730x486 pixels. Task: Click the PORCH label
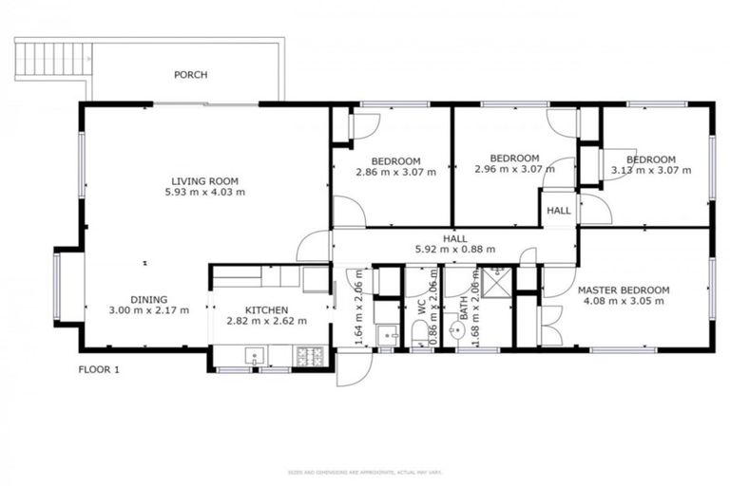tap(190, 74)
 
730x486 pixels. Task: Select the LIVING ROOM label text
tap(204, 180)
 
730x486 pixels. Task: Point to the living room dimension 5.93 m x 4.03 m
tap(204, 192)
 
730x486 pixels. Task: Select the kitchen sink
tap(254, 355)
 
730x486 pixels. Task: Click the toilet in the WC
tap(419, 332)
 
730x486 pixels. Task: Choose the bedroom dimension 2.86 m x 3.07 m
tap(395, 172)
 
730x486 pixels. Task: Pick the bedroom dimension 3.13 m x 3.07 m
tap(650, 171)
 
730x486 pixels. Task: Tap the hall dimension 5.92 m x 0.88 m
tap(455, 251)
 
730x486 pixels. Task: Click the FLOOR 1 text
tap(99, 369)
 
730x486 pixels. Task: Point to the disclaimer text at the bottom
tap(365, 471)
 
